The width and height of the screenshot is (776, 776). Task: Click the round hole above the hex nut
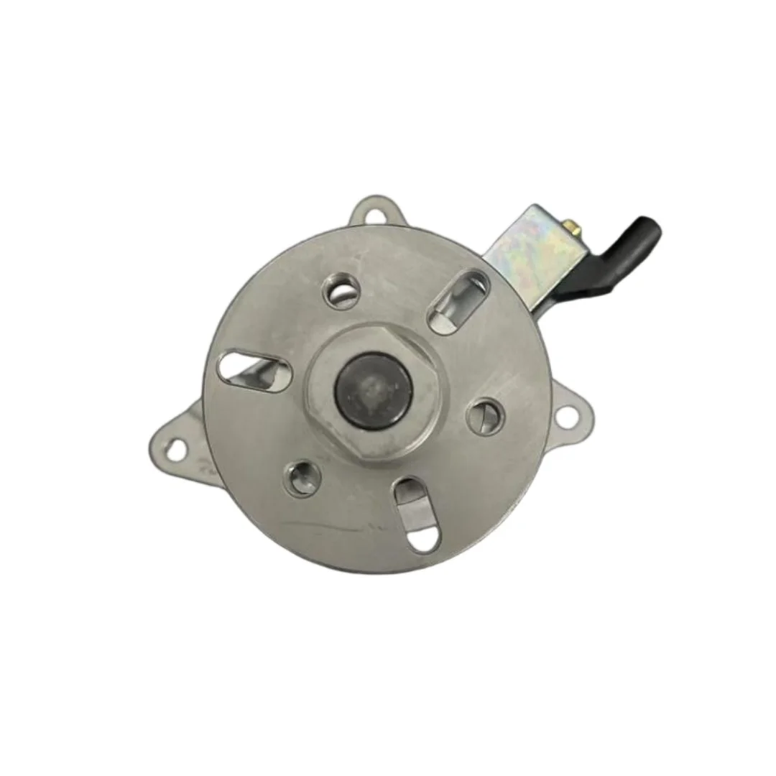[341, 292]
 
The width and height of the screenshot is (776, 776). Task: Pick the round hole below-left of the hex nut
[301, 477]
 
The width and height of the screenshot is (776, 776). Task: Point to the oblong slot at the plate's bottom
[416, 513]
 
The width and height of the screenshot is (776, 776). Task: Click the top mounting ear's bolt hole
[374, 214]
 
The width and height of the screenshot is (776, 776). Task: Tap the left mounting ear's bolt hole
[175, 451]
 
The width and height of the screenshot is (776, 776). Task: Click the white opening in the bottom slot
[422, 537]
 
